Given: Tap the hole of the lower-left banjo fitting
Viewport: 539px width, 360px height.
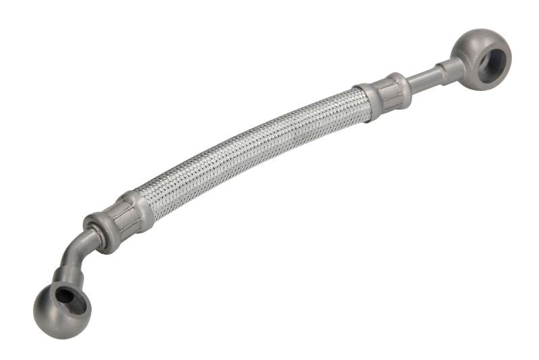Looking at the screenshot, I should coord(66,295).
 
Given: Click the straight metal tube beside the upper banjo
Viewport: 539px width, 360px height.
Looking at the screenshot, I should coord(424,80).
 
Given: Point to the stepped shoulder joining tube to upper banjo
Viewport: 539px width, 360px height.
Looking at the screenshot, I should coord(450,69).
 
